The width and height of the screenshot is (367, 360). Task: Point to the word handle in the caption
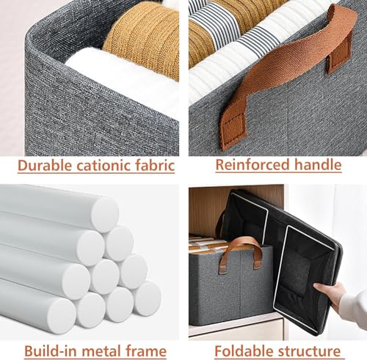(x=317, y=165)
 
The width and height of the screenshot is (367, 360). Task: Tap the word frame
(x=152, y=350)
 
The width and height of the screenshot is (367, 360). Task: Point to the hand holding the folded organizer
(x=333, y=293)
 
